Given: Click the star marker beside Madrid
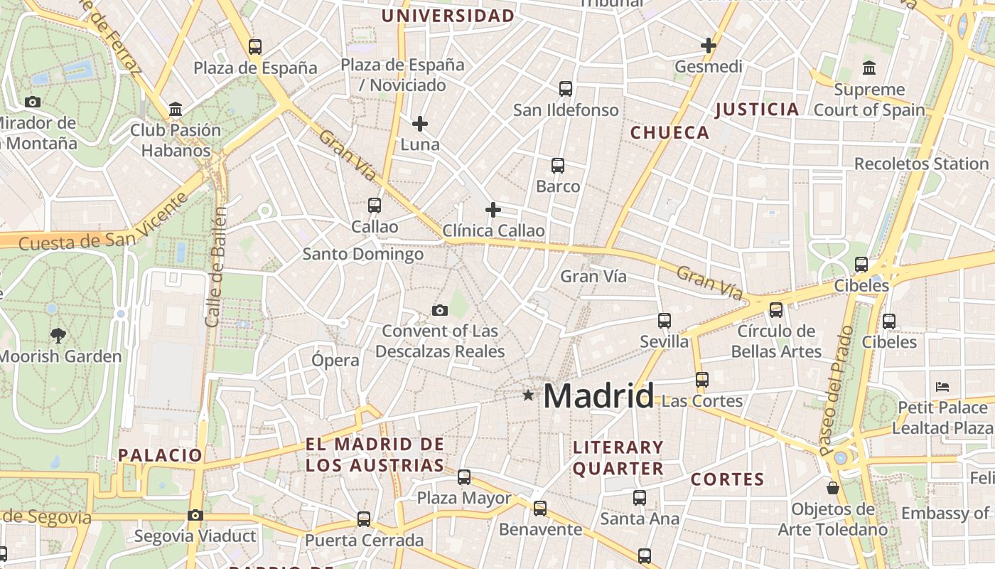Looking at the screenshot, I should point(527,395).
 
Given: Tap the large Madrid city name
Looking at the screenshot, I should point(598,396).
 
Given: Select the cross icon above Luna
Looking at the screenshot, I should point(420,124).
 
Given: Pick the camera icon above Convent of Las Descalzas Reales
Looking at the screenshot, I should point(440,310).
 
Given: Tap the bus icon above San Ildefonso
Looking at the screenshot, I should point(566,89).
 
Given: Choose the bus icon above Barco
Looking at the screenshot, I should point(558,166).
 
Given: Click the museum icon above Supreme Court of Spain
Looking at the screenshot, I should point(868,68).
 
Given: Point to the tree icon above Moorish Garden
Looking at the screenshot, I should point(58,335).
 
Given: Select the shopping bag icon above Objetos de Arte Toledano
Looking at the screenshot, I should point(832,488).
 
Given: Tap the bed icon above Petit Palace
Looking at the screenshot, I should point(942,387).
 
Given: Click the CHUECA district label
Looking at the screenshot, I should point(669,132).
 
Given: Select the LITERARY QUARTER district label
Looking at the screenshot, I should point(618,458).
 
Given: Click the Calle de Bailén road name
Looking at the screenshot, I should point(216,267).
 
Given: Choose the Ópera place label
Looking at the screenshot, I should point(335,360).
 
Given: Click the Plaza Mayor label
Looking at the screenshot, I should point(463,498).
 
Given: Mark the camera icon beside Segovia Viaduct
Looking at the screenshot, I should point(195,515).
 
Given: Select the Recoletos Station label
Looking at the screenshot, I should point(921,164).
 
